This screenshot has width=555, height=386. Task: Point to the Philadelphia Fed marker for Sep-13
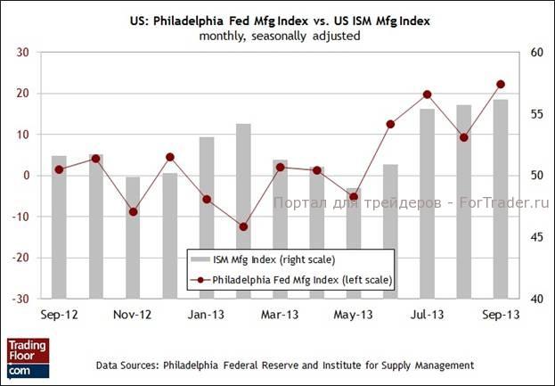tap(501, 85)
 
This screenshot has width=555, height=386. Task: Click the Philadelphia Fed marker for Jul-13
tap(427, 94)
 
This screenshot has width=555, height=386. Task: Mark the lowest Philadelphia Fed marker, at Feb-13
tap(243, 226)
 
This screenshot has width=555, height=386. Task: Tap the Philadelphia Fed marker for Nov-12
tap(133, 211)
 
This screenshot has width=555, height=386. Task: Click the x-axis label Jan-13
tap(206, 315)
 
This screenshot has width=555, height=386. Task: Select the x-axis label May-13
tap(354, 315)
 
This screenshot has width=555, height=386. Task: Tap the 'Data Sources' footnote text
tap(285, 365)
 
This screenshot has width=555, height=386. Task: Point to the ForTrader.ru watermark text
tap(412, 203)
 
